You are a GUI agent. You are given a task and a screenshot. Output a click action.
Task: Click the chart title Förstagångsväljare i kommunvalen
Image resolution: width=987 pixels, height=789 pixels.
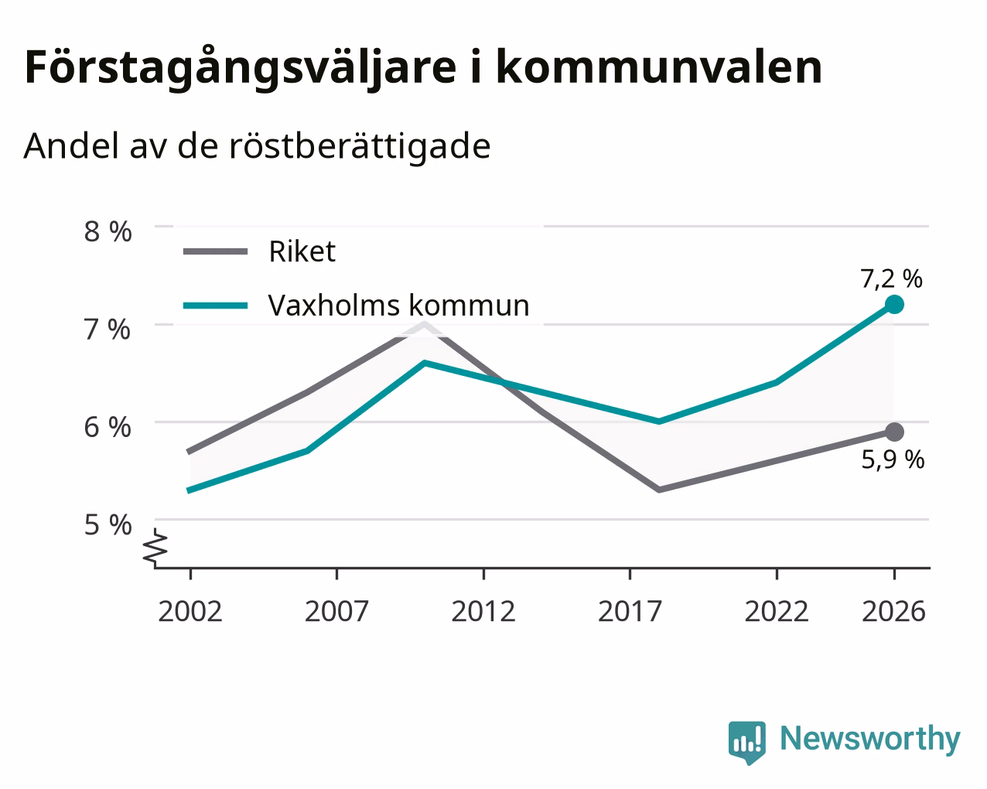point(423,68)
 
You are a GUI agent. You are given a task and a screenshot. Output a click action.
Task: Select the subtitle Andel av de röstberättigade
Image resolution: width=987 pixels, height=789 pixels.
point(257,146)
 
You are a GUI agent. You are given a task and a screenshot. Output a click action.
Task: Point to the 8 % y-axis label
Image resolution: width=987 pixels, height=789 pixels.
point(108,231)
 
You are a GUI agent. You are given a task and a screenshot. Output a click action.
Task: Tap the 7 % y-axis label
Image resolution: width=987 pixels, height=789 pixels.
point(108,330)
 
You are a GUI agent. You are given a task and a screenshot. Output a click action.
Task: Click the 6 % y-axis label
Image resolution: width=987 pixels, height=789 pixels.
point(108,427)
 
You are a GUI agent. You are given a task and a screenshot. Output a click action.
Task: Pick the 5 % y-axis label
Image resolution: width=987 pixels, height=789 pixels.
point(108,524)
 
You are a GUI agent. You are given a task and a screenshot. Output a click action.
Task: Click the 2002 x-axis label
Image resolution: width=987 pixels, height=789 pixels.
point(190,611)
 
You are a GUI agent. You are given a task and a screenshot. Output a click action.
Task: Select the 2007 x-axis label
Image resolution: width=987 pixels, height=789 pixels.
point(336,611)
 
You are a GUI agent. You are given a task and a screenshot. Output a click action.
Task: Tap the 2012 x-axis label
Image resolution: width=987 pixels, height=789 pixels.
point(483,611)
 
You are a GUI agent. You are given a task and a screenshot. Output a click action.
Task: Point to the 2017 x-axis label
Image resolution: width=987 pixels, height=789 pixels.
point(630,611)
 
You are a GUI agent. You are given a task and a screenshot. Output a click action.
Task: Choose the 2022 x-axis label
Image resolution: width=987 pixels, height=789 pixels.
point(777,611)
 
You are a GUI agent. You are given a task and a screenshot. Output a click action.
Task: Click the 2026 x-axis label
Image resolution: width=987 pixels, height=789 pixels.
point(894,611)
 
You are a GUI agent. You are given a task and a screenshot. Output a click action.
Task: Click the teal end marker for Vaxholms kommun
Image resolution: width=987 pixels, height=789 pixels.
point(894,305)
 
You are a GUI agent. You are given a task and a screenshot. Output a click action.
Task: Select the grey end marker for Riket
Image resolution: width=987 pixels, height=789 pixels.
point(894,432)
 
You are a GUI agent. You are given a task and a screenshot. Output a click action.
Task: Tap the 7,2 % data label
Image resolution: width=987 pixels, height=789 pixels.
point(891,279)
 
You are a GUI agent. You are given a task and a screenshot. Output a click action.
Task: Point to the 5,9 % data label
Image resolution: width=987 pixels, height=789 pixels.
point(893,459)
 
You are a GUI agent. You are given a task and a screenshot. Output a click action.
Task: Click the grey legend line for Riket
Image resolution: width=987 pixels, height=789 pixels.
point(216,251)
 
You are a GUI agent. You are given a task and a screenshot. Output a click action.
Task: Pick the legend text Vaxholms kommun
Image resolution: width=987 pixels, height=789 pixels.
point(398,305)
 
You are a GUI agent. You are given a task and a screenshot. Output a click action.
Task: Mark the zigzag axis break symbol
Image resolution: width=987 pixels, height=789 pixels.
point(155,547)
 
